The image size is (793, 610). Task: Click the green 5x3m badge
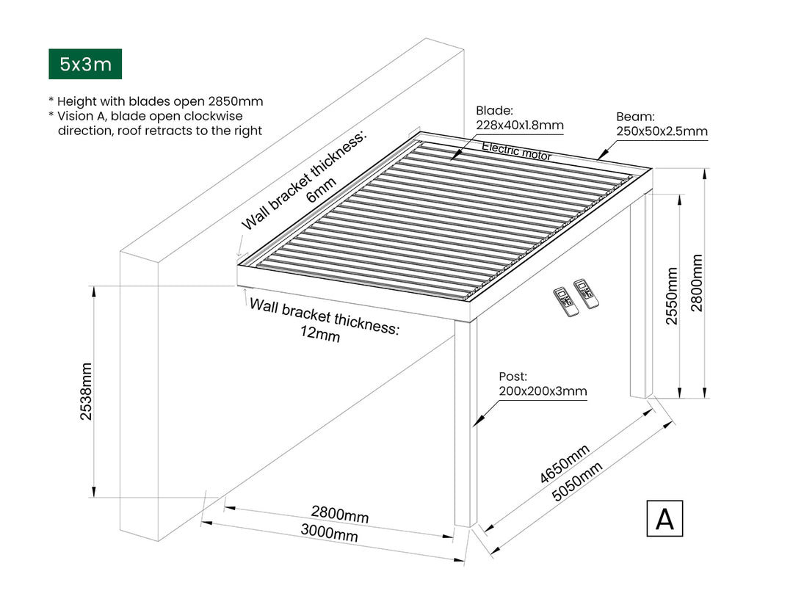point(85,65)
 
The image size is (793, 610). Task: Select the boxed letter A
point(665,518)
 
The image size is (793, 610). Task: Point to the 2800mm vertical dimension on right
point(697,283)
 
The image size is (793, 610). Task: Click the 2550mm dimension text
point(672,297)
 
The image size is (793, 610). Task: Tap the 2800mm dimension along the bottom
point(339,513)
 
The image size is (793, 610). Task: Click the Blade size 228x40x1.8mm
point(520,125)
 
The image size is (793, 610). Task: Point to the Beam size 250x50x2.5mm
point(662,132)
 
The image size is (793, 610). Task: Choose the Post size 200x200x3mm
point(543,391)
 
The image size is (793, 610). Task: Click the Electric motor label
point(516,152)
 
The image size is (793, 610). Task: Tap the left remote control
point(566,301)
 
